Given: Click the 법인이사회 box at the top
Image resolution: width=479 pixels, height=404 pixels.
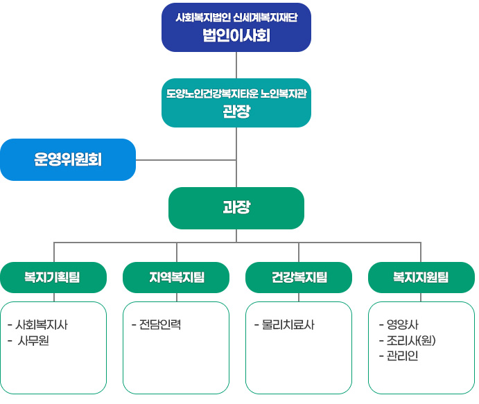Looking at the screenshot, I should tap(236, 28).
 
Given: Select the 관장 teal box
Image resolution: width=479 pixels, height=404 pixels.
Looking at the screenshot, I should tap(236, 103).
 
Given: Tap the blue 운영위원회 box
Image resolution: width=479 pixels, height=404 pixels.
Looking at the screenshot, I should tap(68, 160).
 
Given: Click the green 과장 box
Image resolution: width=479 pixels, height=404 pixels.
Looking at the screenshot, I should tap(236, 208).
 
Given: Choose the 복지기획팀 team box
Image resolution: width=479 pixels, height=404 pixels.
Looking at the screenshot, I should tap(53, 278).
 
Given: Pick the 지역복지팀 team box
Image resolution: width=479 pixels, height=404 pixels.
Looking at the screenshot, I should tap(176, 278).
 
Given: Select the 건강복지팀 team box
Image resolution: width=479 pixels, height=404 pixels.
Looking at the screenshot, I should tap(299, 278).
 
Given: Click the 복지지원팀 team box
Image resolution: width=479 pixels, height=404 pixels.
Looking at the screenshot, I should tap(421, 278).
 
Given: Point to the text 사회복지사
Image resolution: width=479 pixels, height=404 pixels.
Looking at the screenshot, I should tap(42, 324).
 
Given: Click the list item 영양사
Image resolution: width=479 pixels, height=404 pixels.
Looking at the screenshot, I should tap(402, 324).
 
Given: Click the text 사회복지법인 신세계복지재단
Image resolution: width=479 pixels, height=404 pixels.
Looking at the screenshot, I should tap(236, 18).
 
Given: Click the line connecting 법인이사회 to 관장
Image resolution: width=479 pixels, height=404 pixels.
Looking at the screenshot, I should tap(237, 65).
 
